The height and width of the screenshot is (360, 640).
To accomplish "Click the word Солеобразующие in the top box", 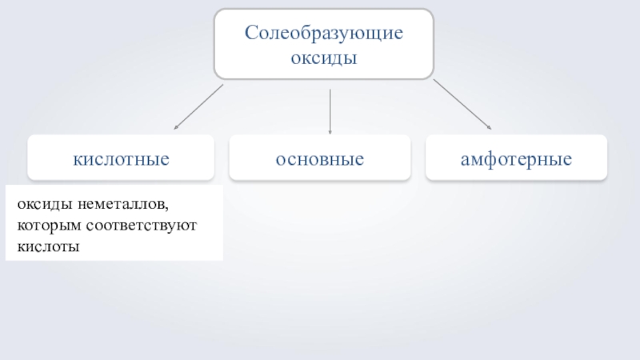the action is (x=324, y=34).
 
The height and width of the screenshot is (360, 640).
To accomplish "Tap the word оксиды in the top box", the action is (x=324, y=59).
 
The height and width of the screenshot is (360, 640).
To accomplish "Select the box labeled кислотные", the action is (x=122, y=158).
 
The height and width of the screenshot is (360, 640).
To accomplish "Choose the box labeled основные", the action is (x=320, y=158).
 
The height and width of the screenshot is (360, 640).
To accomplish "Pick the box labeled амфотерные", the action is (x=516, y=158).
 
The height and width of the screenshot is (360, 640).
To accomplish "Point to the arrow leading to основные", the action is (x=330, y=110).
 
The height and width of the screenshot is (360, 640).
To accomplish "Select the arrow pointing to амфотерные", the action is (x=462, y=104).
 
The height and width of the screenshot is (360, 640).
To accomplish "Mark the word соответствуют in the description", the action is (x=135, y=227).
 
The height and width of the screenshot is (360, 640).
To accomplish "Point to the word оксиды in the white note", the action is (x=41, y=206).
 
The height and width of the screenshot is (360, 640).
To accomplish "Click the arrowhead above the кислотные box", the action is (x=177, y=126).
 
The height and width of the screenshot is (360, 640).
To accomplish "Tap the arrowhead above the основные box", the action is (x=330, y=131).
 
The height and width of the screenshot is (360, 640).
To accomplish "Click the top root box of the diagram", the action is (x=324, y=45).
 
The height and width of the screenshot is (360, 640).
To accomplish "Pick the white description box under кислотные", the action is (x=114, y=225).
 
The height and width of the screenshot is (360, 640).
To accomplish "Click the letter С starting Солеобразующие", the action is (x=250, y=34).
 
